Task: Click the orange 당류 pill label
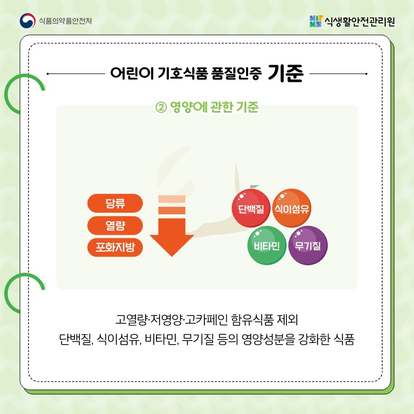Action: point(115,203)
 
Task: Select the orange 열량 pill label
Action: point(115,225)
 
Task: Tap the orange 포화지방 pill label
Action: point(115,247)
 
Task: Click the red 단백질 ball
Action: point(251,208)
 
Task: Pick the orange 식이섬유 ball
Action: point(291,208)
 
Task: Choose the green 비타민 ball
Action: point(266,245)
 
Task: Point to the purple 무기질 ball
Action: point(308,245)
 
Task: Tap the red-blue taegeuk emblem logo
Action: point(28,20)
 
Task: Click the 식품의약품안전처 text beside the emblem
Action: point(65,21)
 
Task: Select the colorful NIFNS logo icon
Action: point(316,21)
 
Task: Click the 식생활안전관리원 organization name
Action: point(360,21)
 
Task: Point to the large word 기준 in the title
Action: point(285,73)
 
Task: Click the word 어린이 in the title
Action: point(132,73)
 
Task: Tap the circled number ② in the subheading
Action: point(161,107)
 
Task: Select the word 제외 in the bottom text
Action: point(287,320)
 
